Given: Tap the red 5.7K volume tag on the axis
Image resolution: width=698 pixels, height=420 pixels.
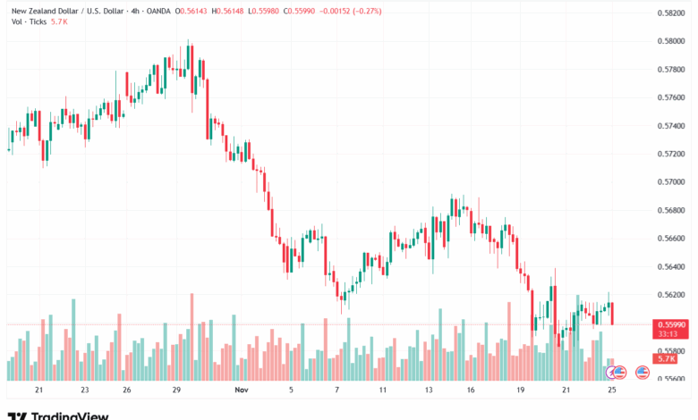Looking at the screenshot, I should tap(666, 358).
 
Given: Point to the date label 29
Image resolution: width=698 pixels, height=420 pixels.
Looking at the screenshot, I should tap(177, 391).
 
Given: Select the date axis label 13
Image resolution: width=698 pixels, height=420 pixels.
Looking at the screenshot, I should tap(429, 391).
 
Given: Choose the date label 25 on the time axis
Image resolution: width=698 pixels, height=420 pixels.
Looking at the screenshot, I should tap(612, 391).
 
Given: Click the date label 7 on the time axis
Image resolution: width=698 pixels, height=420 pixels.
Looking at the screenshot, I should tap(336, 391).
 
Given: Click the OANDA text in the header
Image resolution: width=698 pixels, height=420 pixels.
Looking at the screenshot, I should tap(156, 10).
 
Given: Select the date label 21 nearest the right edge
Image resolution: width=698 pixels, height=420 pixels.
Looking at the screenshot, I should tap(566, 391).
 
